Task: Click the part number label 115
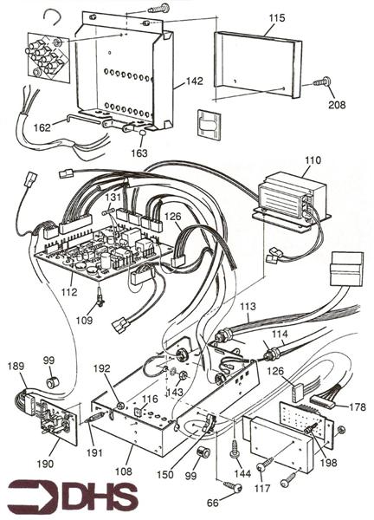(277, 18)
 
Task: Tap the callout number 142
(194, 81)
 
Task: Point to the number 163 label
(139, 153)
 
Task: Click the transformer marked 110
(291, 200)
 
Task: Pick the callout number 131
(113, 197)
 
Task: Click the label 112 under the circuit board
(69, 292)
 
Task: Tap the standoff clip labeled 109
(100, 297)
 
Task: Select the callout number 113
(248, 306)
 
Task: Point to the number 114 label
(280, 334)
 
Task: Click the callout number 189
(16, 366)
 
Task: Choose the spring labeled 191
(96, 417)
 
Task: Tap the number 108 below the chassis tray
(123, 471)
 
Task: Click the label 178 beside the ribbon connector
(358, 406)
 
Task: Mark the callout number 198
(328, 462)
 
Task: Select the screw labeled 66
(233, 487)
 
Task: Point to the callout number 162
(42, 127)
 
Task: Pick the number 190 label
(45, 464)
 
